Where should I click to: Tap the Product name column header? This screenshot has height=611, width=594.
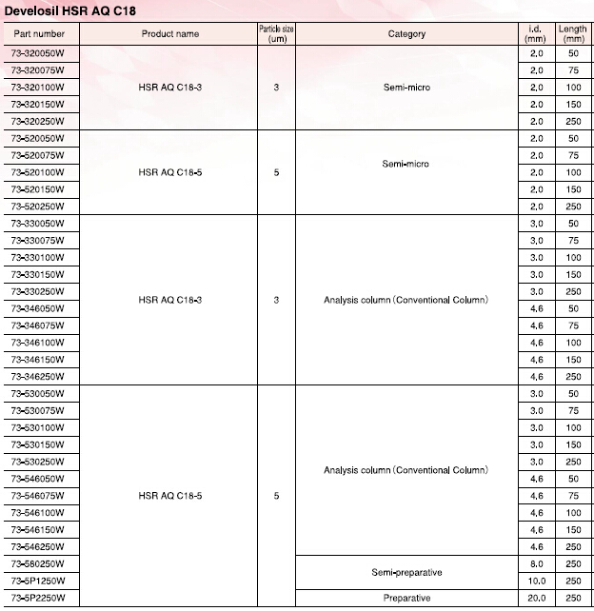pyautogui.click(x=170, y=34)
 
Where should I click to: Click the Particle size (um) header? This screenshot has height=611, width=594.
pyautogui.click(x=276, y=34)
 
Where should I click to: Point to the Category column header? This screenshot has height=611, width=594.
pyautogui.click(x=406, y=34)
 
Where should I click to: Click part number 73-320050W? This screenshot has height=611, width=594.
pyautogui.click(x=37, y=52)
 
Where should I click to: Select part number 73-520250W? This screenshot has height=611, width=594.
pyautogui.click(x=37, y=207)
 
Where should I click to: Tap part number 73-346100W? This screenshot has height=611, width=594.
pyautogui.click(x=37, y=343)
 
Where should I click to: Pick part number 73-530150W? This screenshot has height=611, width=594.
pyautogui.click(x=37, y=444)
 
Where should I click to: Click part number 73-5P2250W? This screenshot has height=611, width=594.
pyautogui.click(x=38, y=598)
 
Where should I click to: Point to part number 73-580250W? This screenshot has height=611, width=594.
pyautogui.click(x=37, y=563)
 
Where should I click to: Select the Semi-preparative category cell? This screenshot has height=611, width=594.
pyautogui.click(x=406, y=572)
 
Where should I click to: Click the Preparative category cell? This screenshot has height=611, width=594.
pyautogui.click(x=406, y=598)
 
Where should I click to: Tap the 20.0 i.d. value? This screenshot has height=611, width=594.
pyautogui.click(x=537, y=598)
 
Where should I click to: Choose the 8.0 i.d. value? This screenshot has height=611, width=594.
pyautogui.click(x=537, y=563)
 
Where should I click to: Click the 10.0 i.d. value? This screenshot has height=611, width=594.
pyautogui.click(x=537, y=581)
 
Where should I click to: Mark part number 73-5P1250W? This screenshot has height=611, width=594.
pyautogui.click(x=38, y=581)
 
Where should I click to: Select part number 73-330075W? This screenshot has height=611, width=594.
pyautogui.click(x=37, y=241)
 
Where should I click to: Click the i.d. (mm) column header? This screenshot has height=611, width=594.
pyautogui.click(x=537, y=34)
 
